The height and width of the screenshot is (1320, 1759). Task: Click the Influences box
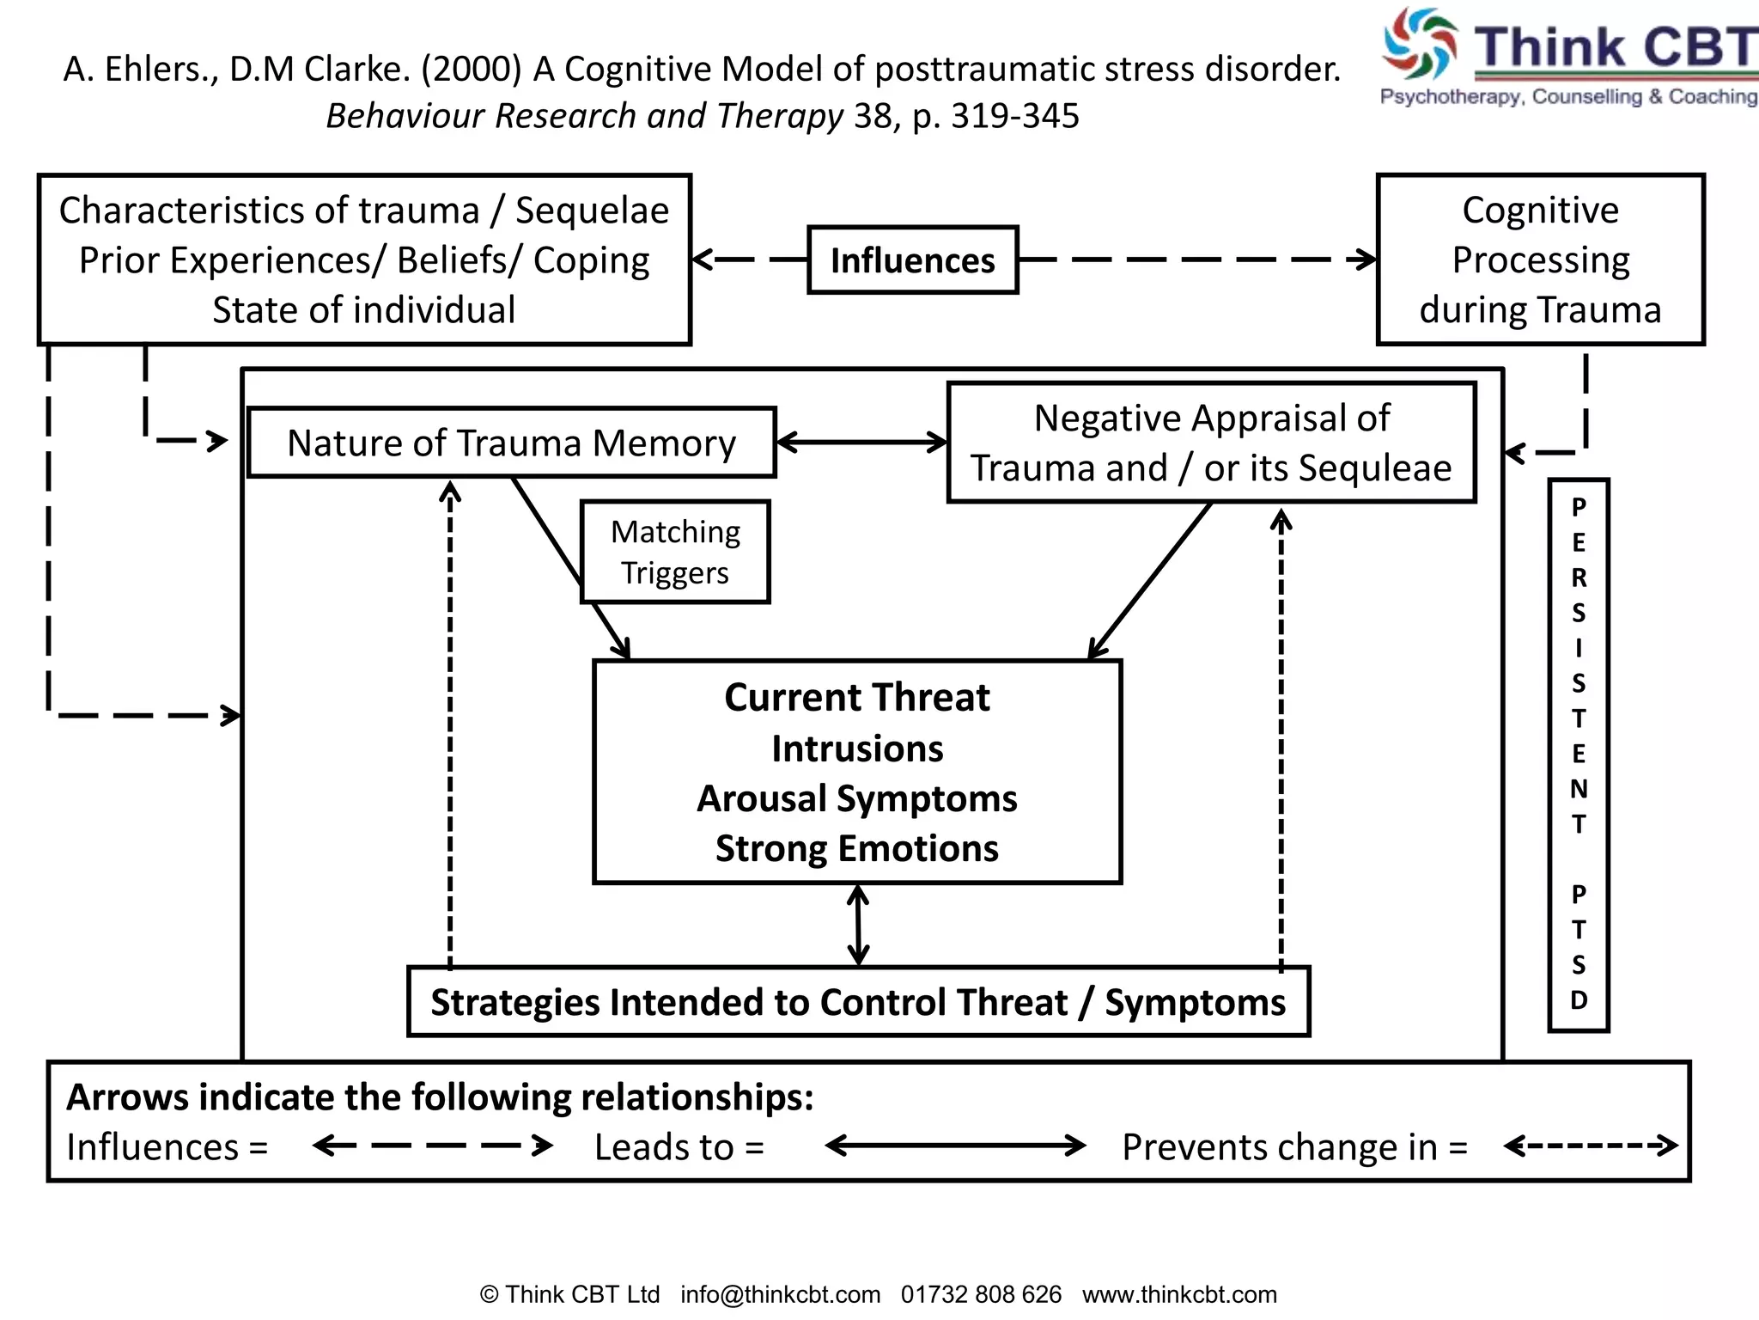pyautogui.click(x=912, y=260)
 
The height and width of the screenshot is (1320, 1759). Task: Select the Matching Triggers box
pyautogui.click(x=675, y=552)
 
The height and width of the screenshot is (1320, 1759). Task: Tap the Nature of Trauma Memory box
pyautogui.click(x=511, y=443)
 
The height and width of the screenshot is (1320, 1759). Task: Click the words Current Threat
pyautogui.click(x=856, y=697)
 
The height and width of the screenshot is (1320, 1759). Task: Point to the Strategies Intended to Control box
pyautogui.click(x=857, y=1002)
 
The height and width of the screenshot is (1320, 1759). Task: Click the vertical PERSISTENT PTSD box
pyautogui.click(x=1578, y=755)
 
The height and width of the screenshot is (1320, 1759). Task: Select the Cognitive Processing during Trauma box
pyautogui.click(x=1540, y=260)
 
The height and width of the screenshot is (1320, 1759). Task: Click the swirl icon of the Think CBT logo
pyautogui.click(x=1419, y=43)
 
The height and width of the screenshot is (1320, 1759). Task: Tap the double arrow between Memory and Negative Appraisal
pyautogui.click(x=861, y=443)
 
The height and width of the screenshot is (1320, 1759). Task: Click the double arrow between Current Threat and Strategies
pyautogui.click(x=858, y=926)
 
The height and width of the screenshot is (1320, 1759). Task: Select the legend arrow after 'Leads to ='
pyautogui.click(x=955, y=1146)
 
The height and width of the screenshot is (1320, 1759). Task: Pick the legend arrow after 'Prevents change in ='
pyautogui.click(x=1591, y=1146)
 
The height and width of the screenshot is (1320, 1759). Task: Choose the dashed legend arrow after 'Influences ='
pyautogui.click(x=433, y=1146)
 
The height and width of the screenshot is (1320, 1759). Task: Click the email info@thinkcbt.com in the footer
pyautogui.click(x=780, y=1294)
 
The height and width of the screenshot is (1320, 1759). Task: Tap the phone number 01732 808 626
pyautogui.click(x=981, y=1294)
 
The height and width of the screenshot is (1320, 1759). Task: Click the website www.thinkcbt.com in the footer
pyautogui.click(x=1179, y=1294)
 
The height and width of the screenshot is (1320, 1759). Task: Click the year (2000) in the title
pyautogui.click(x=471, y=69)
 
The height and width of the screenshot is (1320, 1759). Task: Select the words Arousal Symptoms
pyautogui.click(x=856, y=798)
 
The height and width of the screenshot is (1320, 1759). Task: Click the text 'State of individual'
pyautogui.click(x=363, y=309)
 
